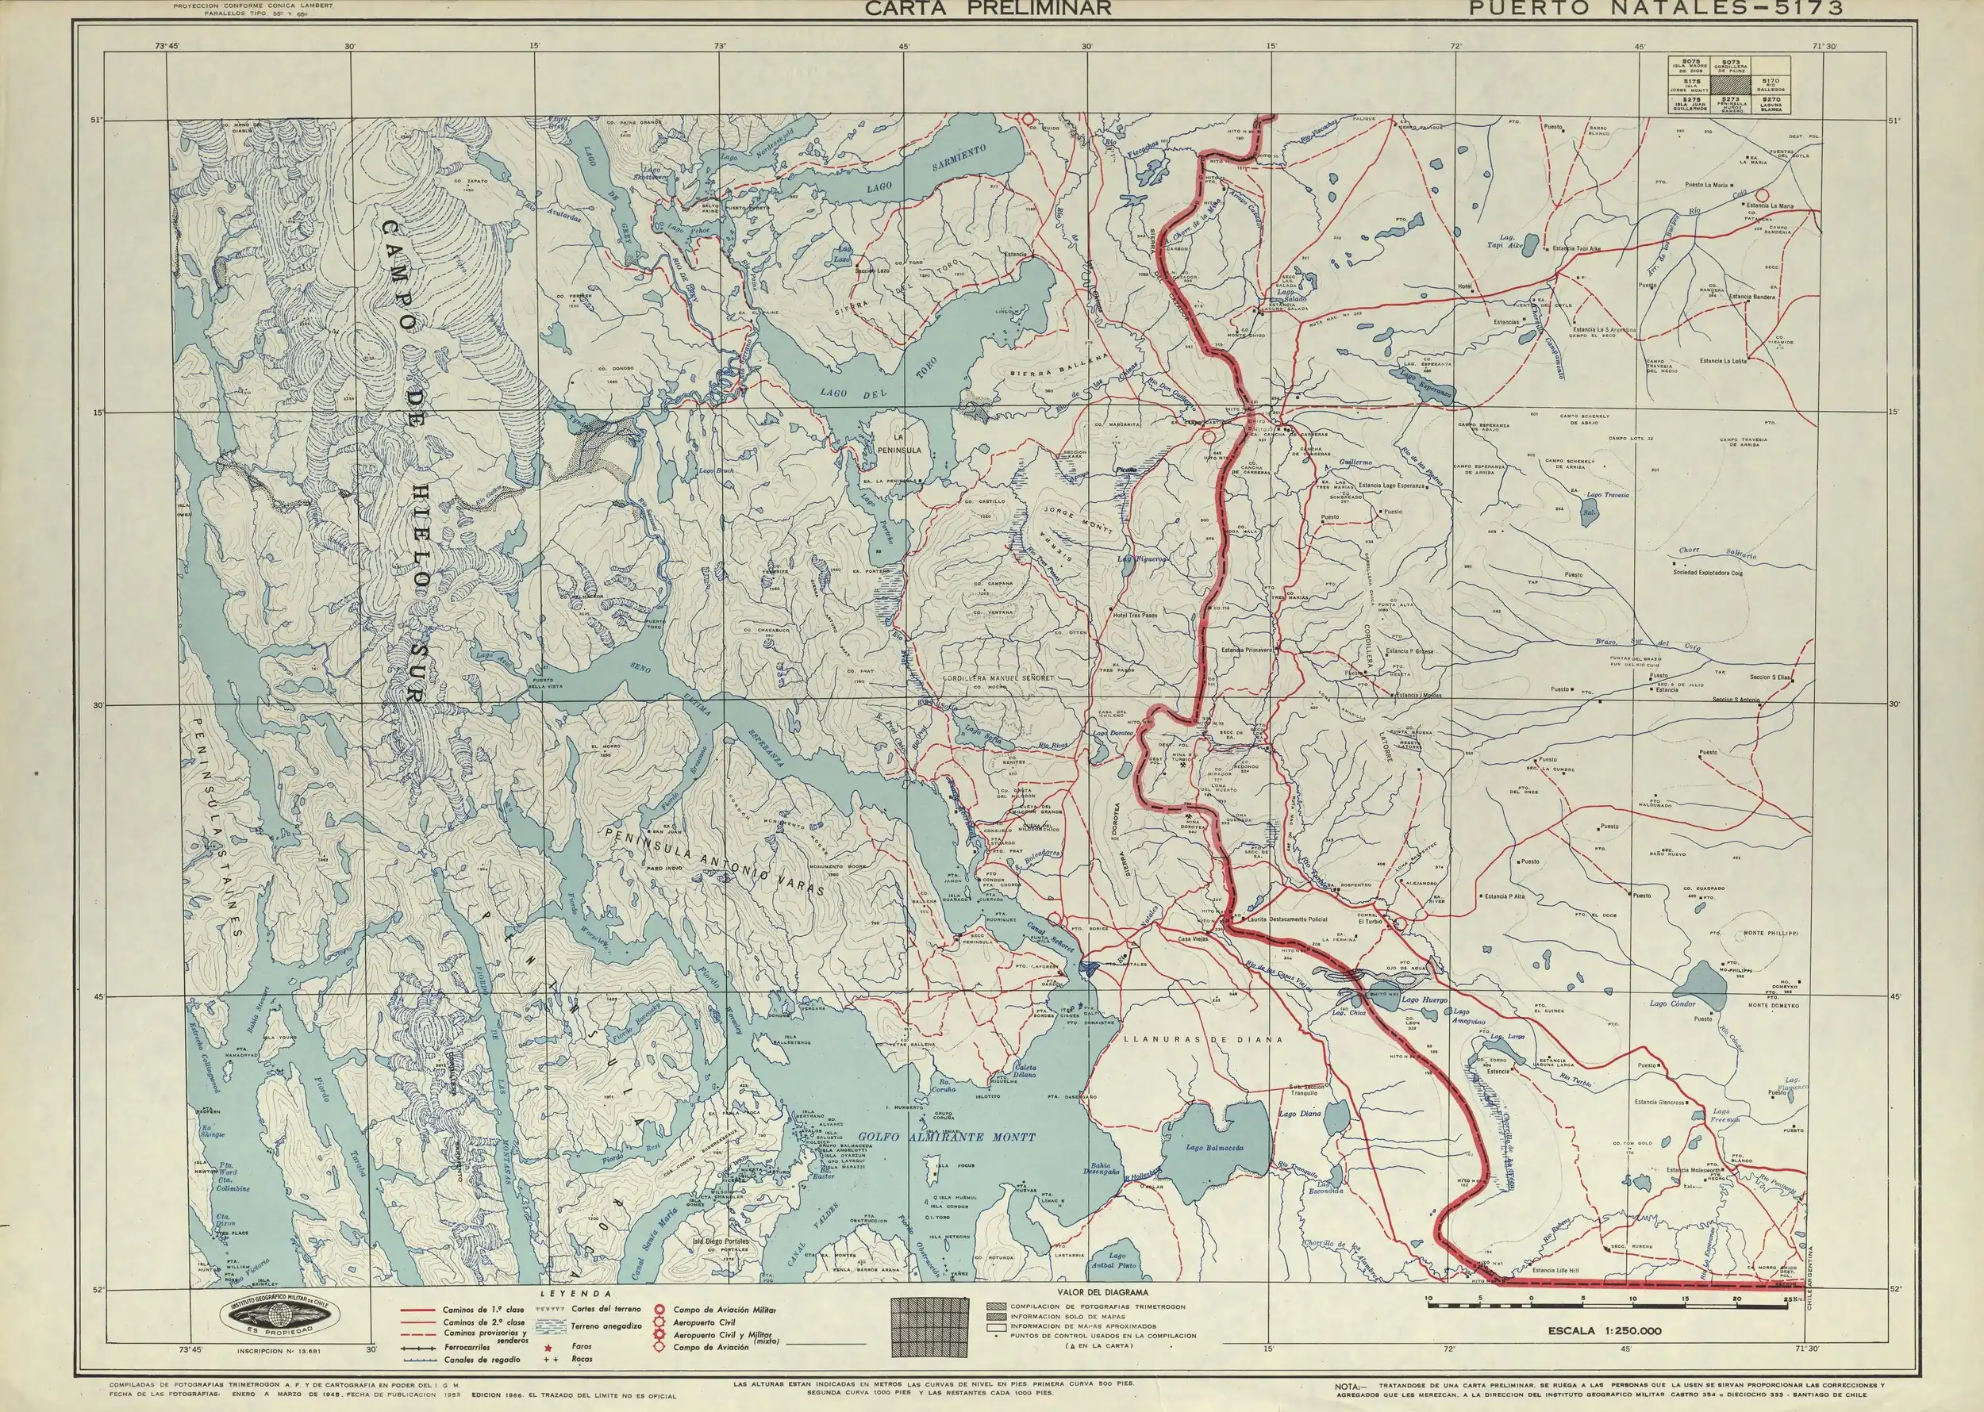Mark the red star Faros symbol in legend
(549, 1345)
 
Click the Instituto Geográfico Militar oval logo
(279, 1318)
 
